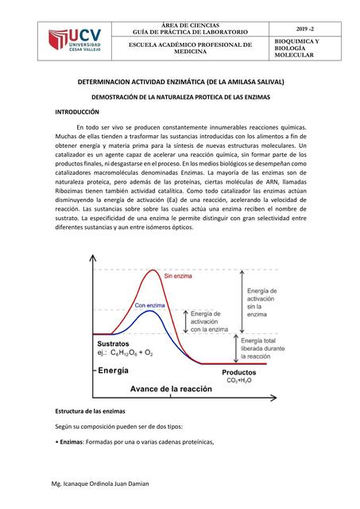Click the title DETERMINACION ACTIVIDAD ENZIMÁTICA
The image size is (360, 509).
[x=180, y=82]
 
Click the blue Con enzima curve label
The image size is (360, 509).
[x=149, y=305]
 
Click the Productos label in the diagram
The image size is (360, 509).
[x=238, y=372]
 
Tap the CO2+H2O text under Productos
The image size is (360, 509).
[x=238, y=381]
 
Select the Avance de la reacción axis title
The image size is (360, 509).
[x=172, y=389]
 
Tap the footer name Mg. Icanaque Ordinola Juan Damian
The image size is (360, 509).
[x=99, y=484]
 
